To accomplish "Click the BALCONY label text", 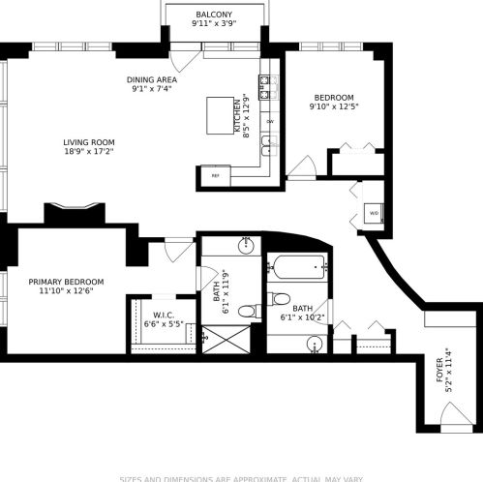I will tap(213, 15).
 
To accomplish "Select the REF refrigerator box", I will tap(215, 175).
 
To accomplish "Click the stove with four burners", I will tap(268, 88).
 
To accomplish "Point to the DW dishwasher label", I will tap(270, 122).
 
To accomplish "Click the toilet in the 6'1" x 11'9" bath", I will tap(248, 311).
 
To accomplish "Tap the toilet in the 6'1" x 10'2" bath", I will tap(280, 298).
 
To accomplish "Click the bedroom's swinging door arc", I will tap(302, 167).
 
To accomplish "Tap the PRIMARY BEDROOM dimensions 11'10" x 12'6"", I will tap(66, 291).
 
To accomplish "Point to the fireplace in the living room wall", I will tap(75, 213).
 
